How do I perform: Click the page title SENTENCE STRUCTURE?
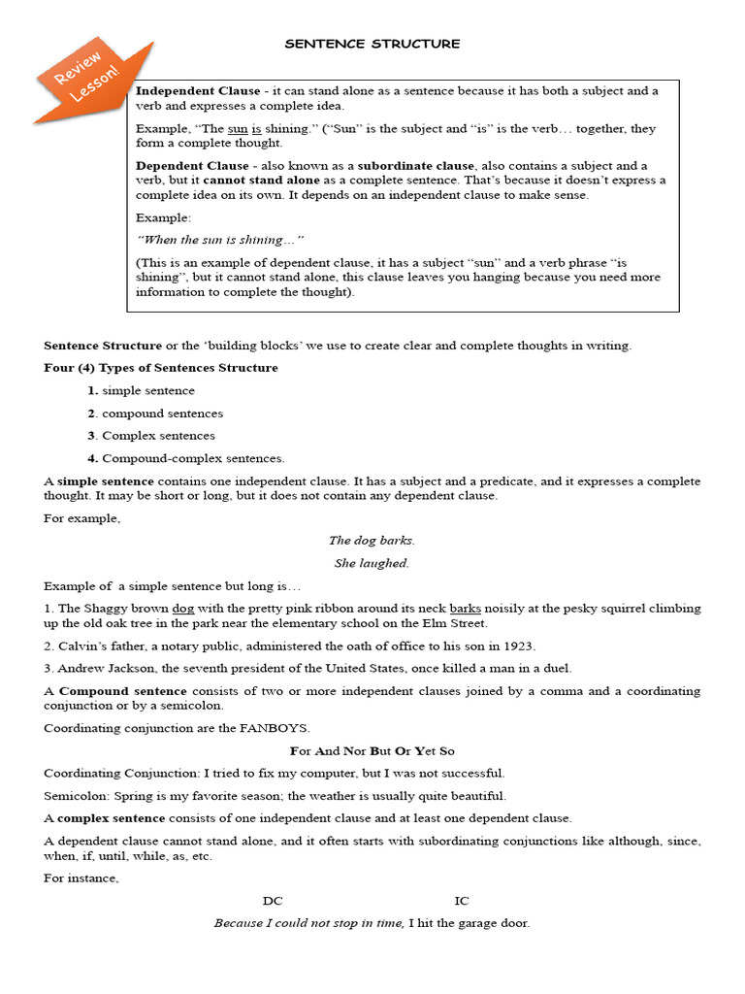tap(372, 44)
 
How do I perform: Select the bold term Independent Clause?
tap(198, 91)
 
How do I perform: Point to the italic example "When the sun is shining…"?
tap(220, 240)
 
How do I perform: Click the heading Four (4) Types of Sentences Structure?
tap(161, 368)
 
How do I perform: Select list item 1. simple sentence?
tap(141, 390)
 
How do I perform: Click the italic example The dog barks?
tap(372, 541)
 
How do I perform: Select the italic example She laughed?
tap(372, 563)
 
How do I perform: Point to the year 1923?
tap(519, 646)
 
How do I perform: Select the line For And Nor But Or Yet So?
tap(372, 750)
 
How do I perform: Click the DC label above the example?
tap(273, 901)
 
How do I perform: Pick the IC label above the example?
tap(462, 901)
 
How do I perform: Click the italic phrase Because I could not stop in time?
tap(308, 923)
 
